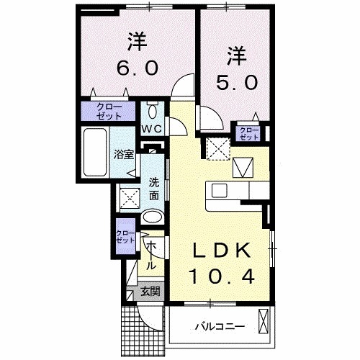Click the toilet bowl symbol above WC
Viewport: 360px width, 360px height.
click(152, 112)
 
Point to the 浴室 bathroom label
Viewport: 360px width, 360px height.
click(123, 154)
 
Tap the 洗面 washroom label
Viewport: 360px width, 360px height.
click(155, 188)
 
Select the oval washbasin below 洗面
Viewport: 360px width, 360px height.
click(152, 217)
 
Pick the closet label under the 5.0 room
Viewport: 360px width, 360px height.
click(250, 132)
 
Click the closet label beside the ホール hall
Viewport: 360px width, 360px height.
click(124, 238)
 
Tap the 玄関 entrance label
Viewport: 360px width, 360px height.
click(149, 292)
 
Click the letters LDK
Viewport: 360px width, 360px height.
click(220, 250)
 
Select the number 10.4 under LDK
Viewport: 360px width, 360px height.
click(220, 274)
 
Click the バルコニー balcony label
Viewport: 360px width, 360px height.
click(220, 326)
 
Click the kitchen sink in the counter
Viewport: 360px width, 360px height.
click(219, 190)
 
